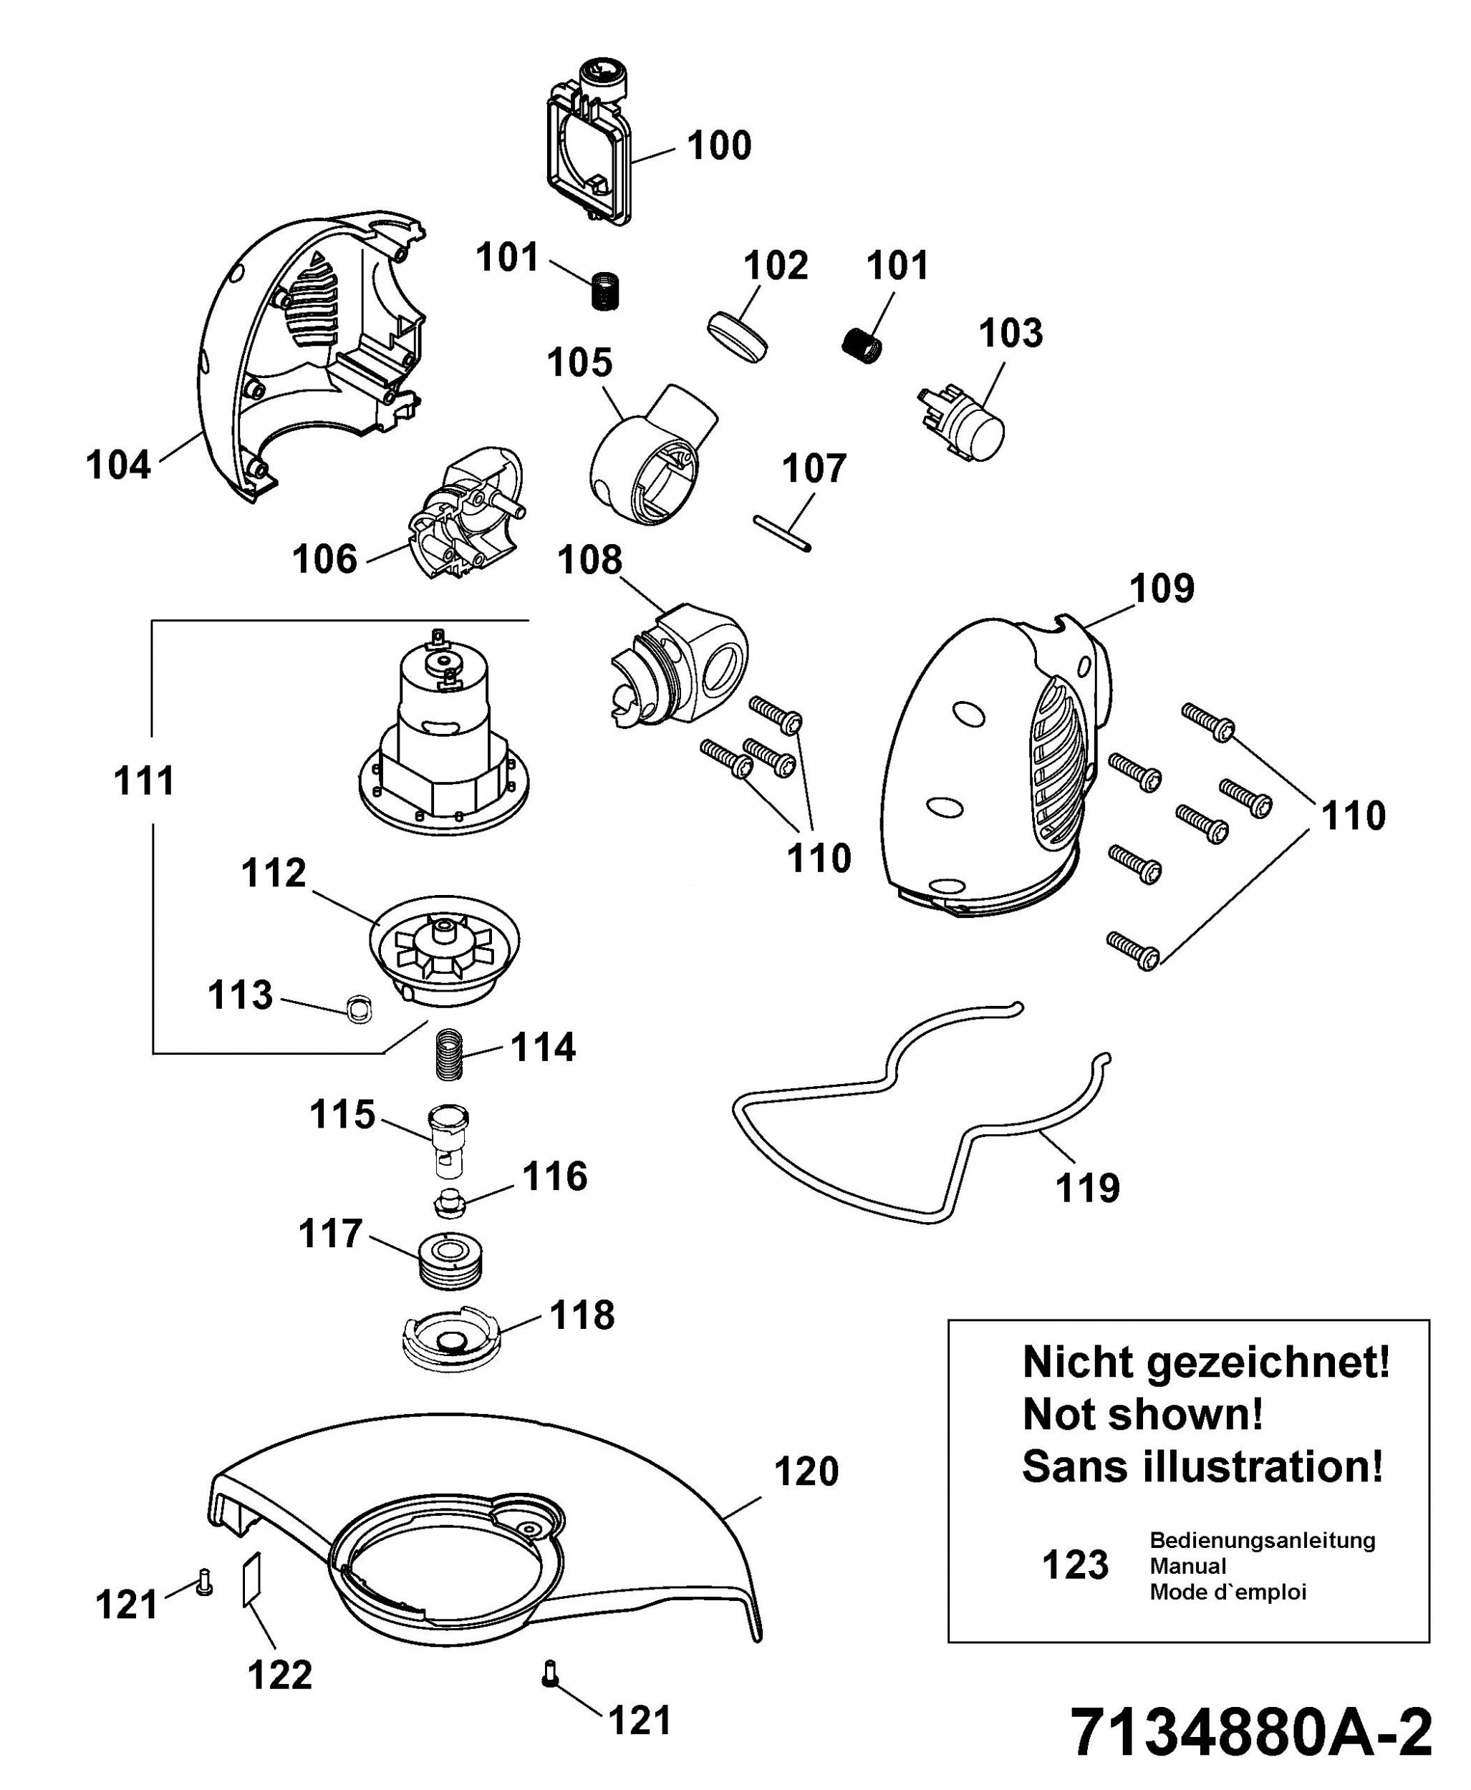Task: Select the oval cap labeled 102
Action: (x=736, y=337)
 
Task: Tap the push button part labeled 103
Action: (x=962, y=425)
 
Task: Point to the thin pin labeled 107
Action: (x=782, y=533)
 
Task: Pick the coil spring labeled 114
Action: (x=450, y=1054)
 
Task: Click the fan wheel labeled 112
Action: (x=445, y=950)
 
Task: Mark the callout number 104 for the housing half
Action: (x=119, y=465)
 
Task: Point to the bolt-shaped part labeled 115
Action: (x=448, y=1141)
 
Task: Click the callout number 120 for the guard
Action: (x=806, y=1471)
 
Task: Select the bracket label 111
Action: (x=144, y=780)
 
